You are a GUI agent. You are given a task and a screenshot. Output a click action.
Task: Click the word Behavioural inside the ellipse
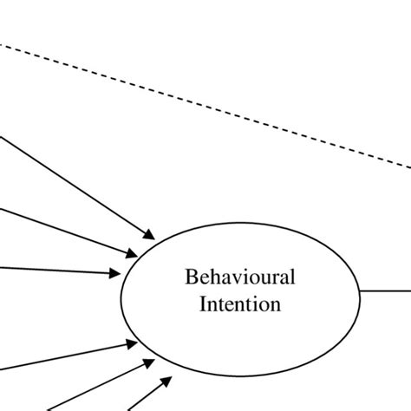240,277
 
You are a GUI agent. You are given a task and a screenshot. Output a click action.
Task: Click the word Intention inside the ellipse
240,304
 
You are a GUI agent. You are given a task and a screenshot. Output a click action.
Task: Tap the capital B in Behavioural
191,277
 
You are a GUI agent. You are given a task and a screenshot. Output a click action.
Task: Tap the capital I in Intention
204,304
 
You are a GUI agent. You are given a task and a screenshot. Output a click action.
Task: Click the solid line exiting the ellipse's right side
386,290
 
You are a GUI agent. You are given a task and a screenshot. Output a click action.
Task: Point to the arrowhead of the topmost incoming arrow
150,235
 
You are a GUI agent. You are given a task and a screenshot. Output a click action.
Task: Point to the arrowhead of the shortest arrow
166,378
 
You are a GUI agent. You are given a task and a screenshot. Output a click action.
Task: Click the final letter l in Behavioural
292,277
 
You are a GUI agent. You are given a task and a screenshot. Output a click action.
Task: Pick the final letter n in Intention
276,304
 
